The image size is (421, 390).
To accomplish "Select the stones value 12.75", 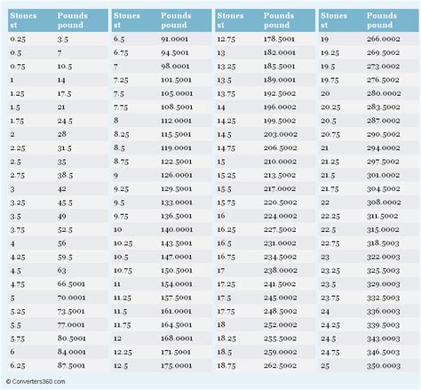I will coord(226,40).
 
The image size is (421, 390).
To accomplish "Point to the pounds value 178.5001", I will coord(280,40).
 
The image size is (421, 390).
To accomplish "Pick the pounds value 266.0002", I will coord(384,40).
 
